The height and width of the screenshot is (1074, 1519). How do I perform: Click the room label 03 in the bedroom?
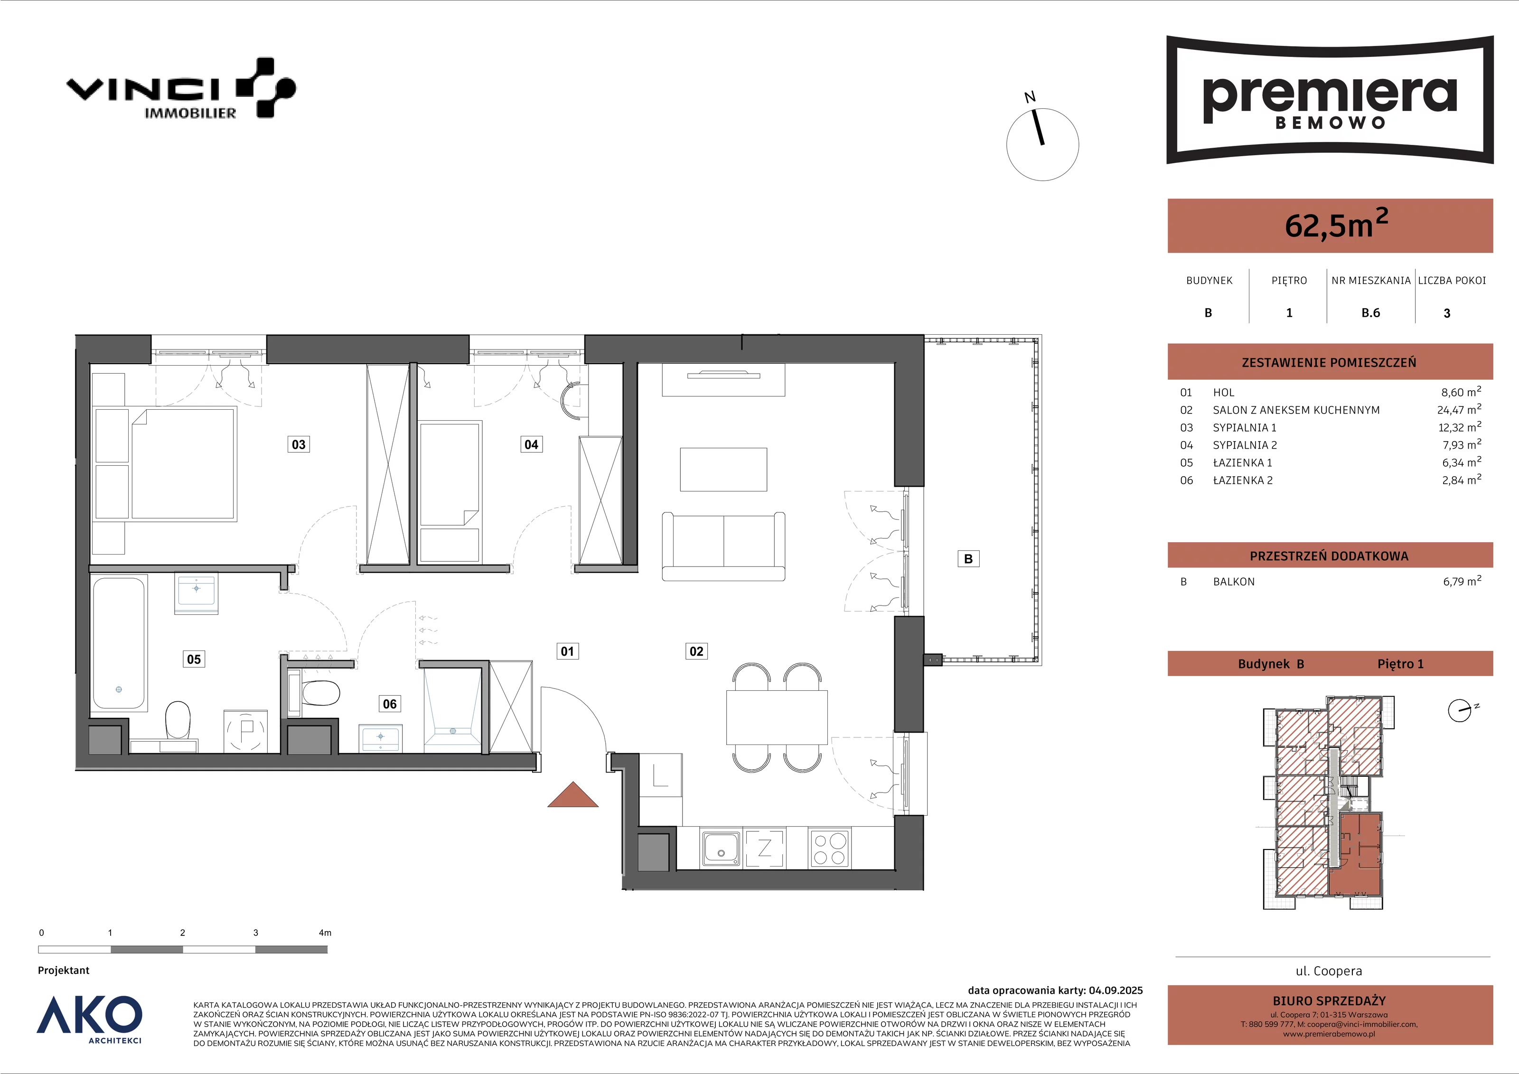299,444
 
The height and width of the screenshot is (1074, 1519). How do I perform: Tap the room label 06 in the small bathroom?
390,704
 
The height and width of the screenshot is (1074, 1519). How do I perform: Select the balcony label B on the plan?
968,558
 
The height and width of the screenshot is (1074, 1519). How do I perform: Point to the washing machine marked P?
246,731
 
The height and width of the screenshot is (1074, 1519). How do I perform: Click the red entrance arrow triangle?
573,796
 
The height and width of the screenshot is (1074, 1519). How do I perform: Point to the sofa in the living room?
724,546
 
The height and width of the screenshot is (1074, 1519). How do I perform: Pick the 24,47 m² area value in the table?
1459,410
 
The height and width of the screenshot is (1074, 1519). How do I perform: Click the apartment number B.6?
1371,313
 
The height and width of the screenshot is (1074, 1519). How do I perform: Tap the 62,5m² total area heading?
1336,224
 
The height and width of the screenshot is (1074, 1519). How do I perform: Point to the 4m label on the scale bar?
325,933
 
